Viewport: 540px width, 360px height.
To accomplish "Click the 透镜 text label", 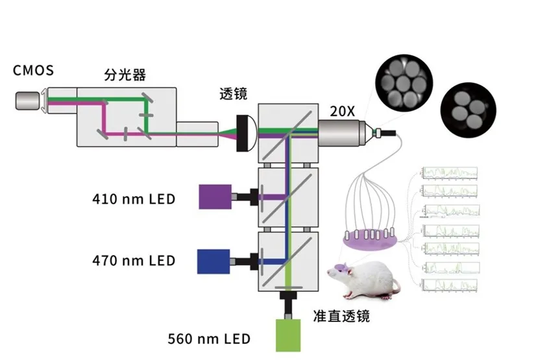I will click(234, 95).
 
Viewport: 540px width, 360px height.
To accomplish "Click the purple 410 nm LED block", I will click(215, 196).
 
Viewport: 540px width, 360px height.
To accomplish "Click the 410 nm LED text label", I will click(134, 198).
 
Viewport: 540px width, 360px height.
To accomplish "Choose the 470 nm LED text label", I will click(134, 261).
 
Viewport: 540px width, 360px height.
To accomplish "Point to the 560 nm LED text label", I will click(209, 339).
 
